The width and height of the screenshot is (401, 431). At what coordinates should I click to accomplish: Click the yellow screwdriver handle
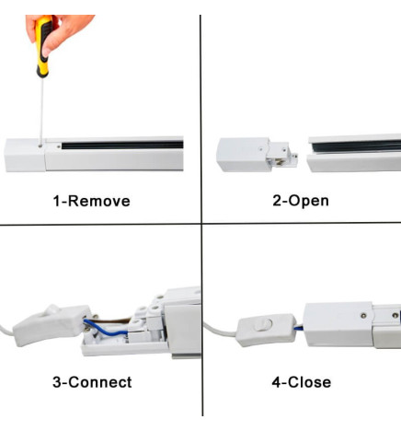click(43, 46)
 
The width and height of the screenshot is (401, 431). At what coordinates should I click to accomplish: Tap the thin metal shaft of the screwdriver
click(41, 111)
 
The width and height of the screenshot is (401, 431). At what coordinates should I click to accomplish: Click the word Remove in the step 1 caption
click(99, 202)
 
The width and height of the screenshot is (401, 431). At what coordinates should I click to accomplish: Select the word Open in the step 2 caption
click(309, 202)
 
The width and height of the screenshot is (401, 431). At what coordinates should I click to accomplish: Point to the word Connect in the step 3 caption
click(100, 382)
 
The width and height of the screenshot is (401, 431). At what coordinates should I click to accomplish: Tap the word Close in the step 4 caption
click(310, 382)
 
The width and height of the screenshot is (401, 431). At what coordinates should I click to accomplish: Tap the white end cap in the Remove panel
click(25, 155)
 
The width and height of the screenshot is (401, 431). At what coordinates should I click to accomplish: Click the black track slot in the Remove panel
click(122, 145)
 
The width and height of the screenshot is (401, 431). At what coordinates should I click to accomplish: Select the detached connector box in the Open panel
click(257, 155)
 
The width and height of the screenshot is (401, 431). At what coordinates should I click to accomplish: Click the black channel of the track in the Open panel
click(357, 146)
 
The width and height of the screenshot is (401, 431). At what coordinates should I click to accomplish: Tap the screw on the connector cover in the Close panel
click(363, 315)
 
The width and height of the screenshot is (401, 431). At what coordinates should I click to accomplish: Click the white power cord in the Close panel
click(220, 331)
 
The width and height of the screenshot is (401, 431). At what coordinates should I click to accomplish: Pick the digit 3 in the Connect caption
click(57, 382)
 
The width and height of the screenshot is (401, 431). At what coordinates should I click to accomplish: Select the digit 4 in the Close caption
click(276, 382)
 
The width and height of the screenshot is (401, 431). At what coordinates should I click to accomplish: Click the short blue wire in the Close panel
click(299, 328)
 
